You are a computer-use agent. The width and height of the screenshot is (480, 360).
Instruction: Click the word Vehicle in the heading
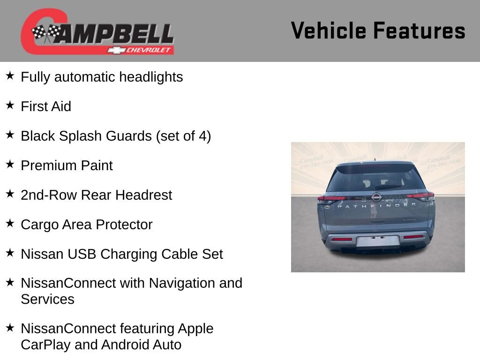(x=328, y=31)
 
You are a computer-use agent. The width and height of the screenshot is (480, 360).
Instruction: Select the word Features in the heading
(x=419, y=31)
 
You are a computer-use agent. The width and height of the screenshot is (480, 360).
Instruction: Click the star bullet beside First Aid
(x=10, y=105)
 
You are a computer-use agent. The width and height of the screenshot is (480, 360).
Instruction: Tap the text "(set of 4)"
(x=183, y=136)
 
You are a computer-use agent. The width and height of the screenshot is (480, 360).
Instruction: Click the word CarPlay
(x=45, y=345)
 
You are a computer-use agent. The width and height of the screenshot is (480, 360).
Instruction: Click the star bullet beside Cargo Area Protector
(x=10, y=224)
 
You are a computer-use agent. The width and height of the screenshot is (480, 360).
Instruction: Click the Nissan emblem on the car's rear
(x=376, y=197)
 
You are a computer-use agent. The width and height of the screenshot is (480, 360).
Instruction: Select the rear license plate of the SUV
(x=377, y=241)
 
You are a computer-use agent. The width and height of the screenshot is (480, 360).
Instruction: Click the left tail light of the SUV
(x=331, y=199)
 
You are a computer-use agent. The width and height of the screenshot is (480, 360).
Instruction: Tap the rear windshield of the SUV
(x=375, y=180)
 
